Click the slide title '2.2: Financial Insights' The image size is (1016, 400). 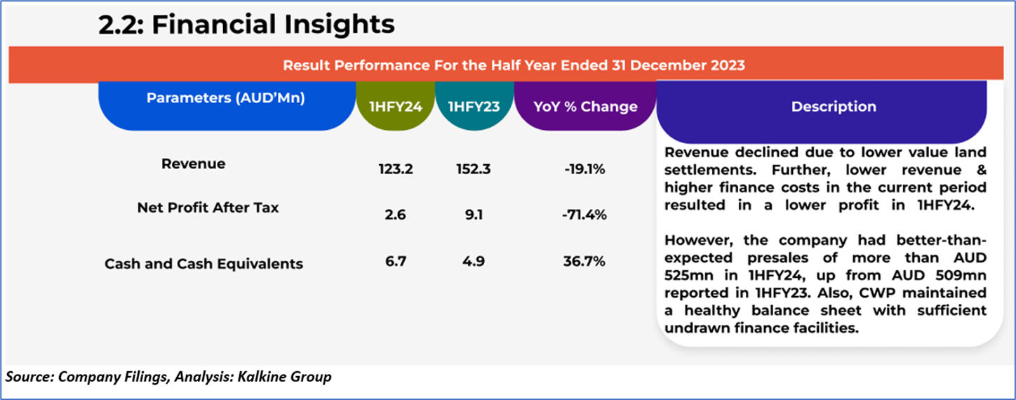(x=246, y=25)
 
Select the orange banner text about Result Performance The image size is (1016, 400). (x=514, y=65)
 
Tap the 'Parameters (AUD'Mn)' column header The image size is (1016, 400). (x=225, y=98)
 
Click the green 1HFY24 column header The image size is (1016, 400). (x=394, y=107)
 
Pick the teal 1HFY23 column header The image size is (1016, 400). (x=474, y=107)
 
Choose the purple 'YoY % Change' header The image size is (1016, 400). (x=584, y=107)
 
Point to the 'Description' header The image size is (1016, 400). (x=833, y=107)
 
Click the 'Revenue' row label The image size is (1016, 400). (x=194, y=164)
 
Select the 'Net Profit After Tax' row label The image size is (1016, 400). (x=208, y=208)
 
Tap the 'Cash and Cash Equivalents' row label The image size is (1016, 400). (x=203, y=265)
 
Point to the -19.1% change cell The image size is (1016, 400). (x=583, y=169)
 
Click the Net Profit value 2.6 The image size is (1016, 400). (x=395, y=215)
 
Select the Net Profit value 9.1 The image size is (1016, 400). (x=474, y=215)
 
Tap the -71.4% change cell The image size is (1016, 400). (x=584, y=215)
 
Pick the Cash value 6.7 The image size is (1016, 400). (x=395, y=262)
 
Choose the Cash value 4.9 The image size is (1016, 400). (x=474, y=262)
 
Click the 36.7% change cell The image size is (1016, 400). (x=584, y=262)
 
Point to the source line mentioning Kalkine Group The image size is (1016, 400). (x=168, y=378)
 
